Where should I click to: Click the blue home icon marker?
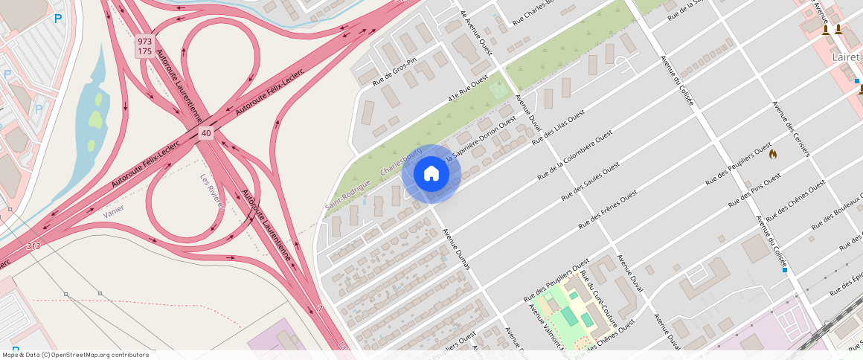tap(431, 174)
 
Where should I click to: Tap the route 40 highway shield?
tap(206, 133)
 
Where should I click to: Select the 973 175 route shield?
tap(145, 46)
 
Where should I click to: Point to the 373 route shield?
tap(33, 246)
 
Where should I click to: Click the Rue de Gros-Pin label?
tap(394, 71)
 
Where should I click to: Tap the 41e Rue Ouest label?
tap(468, 89)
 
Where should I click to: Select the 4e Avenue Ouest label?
tap(476, 29)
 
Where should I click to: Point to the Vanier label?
tap(114, 210)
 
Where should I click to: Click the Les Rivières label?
tap(212, 192)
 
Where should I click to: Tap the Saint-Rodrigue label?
tap(347, 194)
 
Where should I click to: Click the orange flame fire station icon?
tap(773, 154)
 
